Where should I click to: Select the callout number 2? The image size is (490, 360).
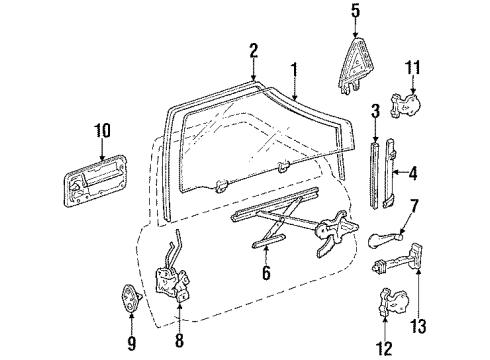click(254, 49)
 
